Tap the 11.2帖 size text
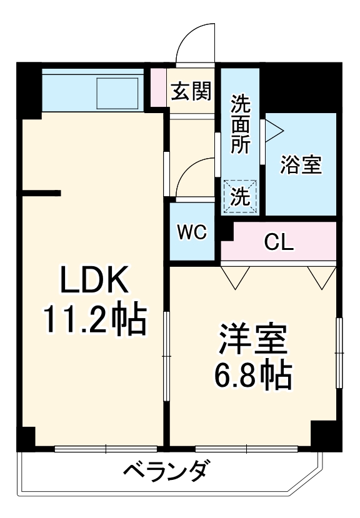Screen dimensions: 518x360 (95, 319)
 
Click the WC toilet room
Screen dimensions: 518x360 (191, 232)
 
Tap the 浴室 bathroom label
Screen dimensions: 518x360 (301, 166)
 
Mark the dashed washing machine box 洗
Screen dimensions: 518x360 (241, 196)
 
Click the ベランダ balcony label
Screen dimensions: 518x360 (164, 471)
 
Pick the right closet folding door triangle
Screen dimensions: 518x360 (322, 277)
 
